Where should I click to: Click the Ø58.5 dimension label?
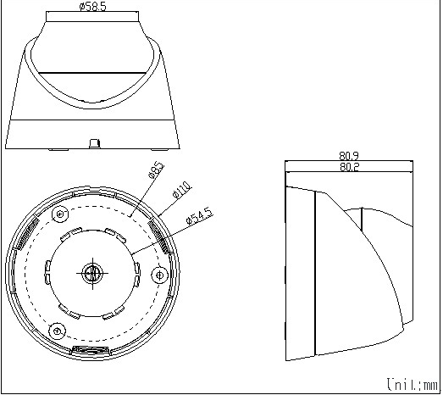[x=92, y=6]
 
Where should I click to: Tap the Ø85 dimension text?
[x=156, y=170]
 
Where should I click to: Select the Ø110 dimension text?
[x=181, y=190]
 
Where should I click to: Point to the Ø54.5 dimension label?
[x=199, y=216]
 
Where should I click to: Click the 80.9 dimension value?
[x=349, y=156]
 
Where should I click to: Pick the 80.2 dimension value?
[x=349, y=167]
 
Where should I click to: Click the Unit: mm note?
[x=413, y=385]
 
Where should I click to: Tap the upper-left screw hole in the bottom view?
[x=60, y=214]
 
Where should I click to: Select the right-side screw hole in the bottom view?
[x=160, y=275]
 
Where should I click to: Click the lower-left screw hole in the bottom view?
[x=58, y=331]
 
